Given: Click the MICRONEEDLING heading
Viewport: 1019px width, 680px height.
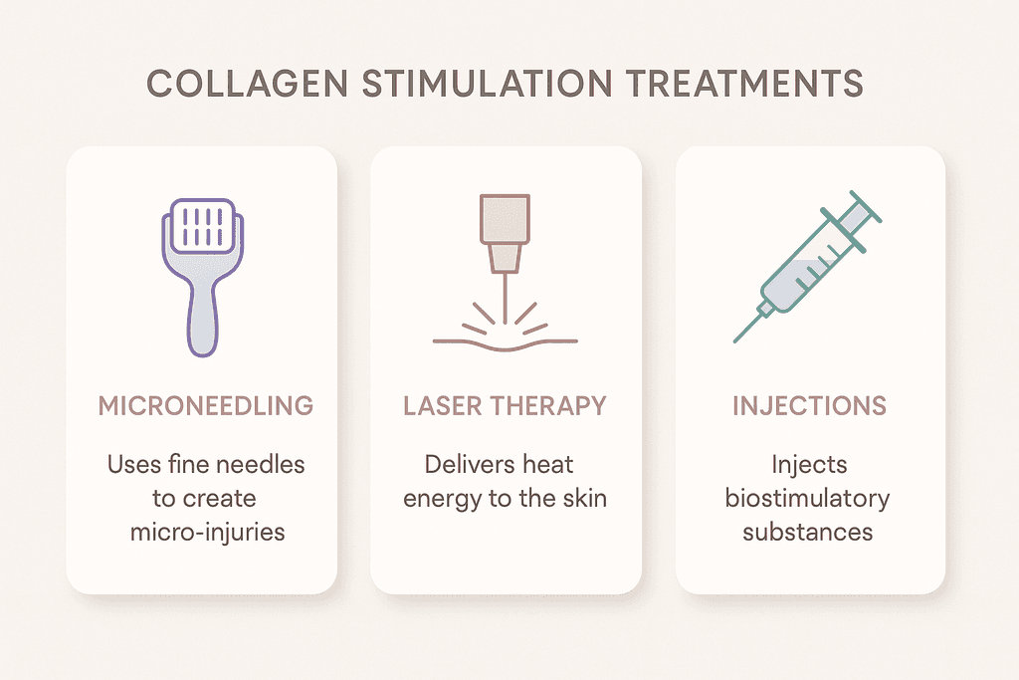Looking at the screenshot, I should point(206,406).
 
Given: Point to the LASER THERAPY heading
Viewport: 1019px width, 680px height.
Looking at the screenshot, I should point(505,406).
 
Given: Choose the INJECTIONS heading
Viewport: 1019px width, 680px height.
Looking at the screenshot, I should point(808,406).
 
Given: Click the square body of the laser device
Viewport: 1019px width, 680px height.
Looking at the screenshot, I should point(506,217).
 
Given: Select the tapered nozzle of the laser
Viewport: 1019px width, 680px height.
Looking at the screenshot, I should point(506,258).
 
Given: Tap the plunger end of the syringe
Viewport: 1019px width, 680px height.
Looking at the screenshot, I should point(870,207).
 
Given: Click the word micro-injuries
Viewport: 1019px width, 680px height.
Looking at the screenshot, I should point(207,532).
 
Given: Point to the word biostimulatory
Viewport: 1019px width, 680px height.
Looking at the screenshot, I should point(807,498).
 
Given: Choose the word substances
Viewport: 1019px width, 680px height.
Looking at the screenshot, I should point(807,532).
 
